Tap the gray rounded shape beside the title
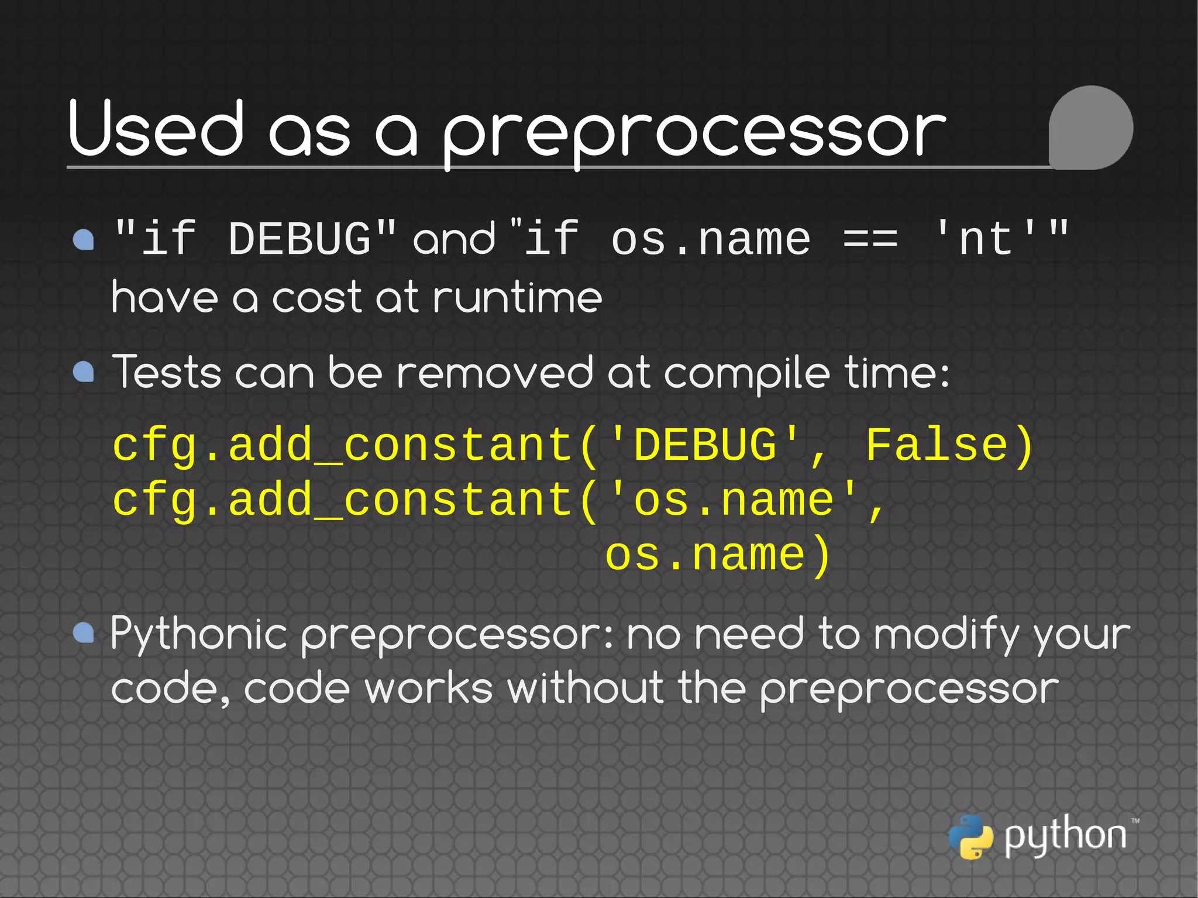click(x=1090, y=128)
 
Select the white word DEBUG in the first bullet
click(x=299, y=240)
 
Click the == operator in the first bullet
click(x=870, y=240)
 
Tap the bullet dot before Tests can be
click(x=84, y=371)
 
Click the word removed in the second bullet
click(x=494, y=373)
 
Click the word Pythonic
click(x=199, y=635)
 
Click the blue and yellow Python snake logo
click(x=970, y=837)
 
